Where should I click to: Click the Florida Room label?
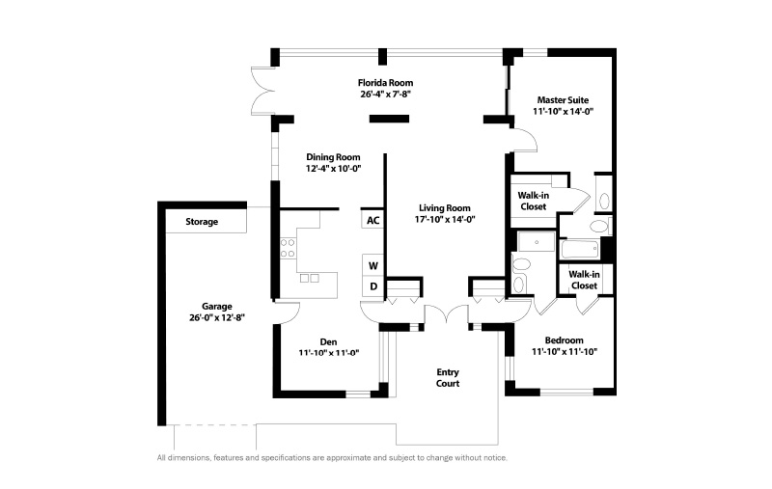pos(385,83)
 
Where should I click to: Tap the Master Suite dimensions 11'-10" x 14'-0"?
pos(563,111)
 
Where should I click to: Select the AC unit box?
pos(372,220)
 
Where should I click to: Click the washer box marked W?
pos(372,265)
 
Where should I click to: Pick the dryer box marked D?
pos(372,285)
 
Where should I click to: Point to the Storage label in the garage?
pos(202,222)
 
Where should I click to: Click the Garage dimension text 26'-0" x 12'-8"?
pos(216,317)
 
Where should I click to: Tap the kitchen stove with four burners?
pos(288,249)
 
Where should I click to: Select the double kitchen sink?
pos(310,278)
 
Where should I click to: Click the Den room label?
pos(328,341)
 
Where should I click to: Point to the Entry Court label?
pos(448,378)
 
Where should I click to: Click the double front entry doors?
pos(446,313)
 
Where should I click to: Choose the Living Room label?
pos(445,208)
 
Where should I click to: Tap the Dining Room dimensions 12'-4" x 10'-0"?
pos(333,169)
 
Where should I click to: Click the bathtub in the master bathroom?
pos(580,249)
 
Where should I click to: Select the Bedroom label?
pos(565,340)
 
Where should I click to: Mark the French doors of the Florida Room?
pos(262,92)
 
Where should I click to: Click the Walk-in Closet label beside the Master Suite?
pos(534,202)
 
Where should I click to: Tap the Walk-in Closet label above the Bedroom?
pos(585,280)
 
